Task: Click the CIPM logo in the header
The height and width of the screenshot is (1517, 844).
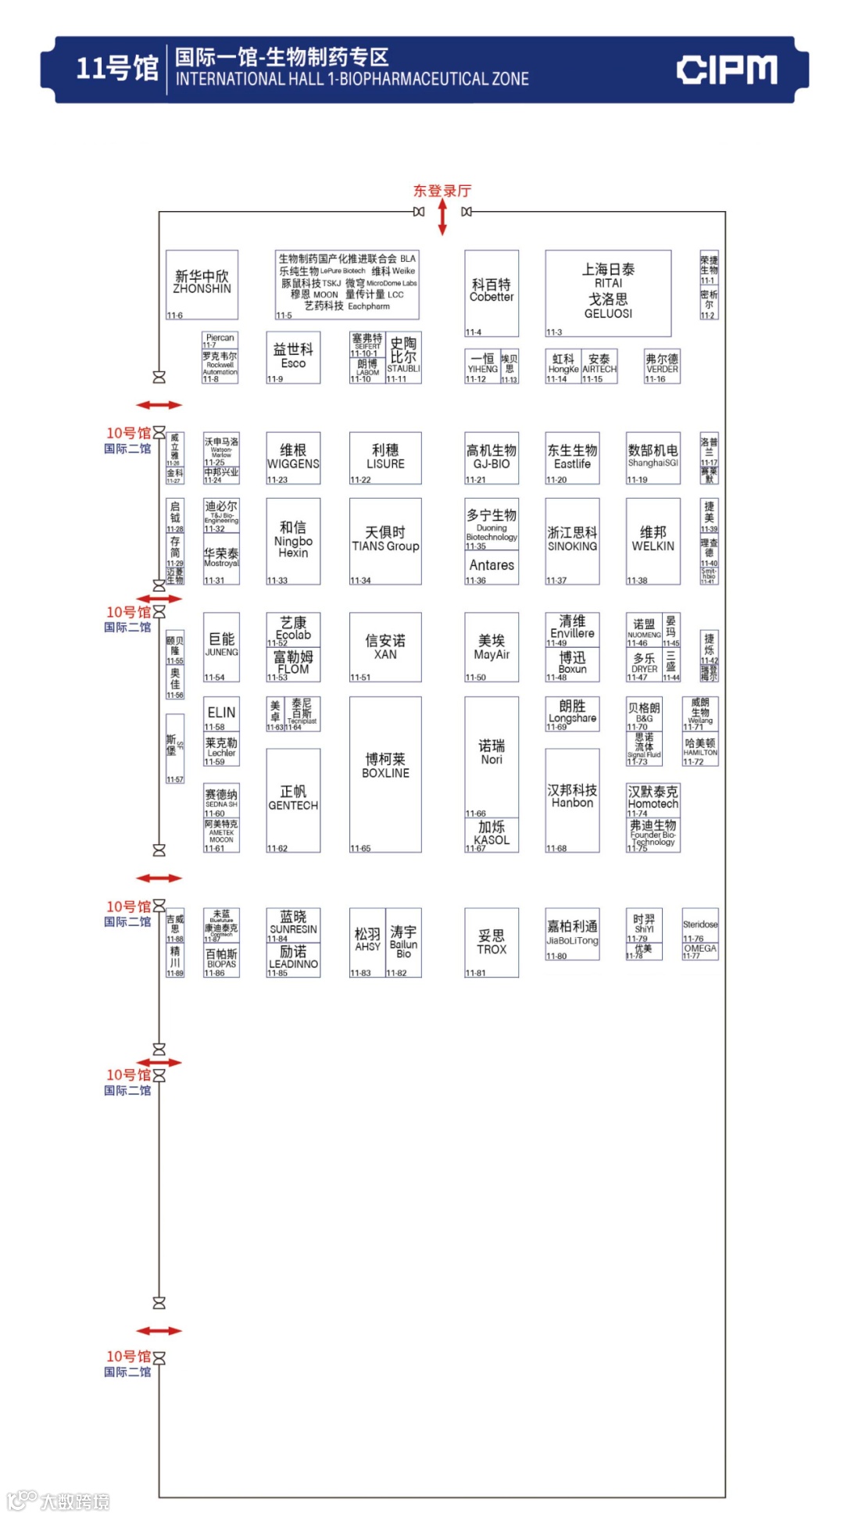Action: pos(726,70)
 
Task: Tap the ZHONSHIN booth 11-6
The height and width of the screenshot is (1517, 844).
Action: pos(202,284)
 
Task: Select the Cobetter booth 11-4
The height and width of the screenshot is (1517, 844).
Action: pos(492,292)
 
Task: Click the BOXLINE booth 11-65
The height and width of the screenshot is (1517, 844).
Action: pos(385,774)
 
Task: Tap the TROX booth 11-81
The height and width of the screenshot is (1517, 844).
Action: pos(492,942)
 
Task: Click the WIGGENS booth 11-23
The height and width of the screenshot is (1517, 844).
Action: pos(293,458)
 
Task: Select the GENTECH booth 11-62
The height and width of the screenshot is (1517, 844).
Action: pos(293,800)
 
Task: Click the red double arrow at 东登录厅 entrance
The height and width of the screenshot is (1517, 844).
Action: pos(442,216)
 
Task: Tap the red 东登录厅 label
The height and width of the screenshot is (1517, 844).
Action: pos(442,191)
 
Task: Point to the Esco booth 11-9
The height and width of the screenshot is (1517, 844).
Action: pos(293,357)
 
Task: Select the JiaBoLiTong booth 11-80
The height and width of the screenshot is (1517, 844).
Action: pos(572,933)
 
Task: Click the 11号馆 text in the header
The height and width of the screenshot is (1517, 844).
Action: pos(117,69)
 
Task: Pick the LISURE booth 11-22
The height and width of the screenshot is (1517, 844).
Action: pos(385,458)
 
